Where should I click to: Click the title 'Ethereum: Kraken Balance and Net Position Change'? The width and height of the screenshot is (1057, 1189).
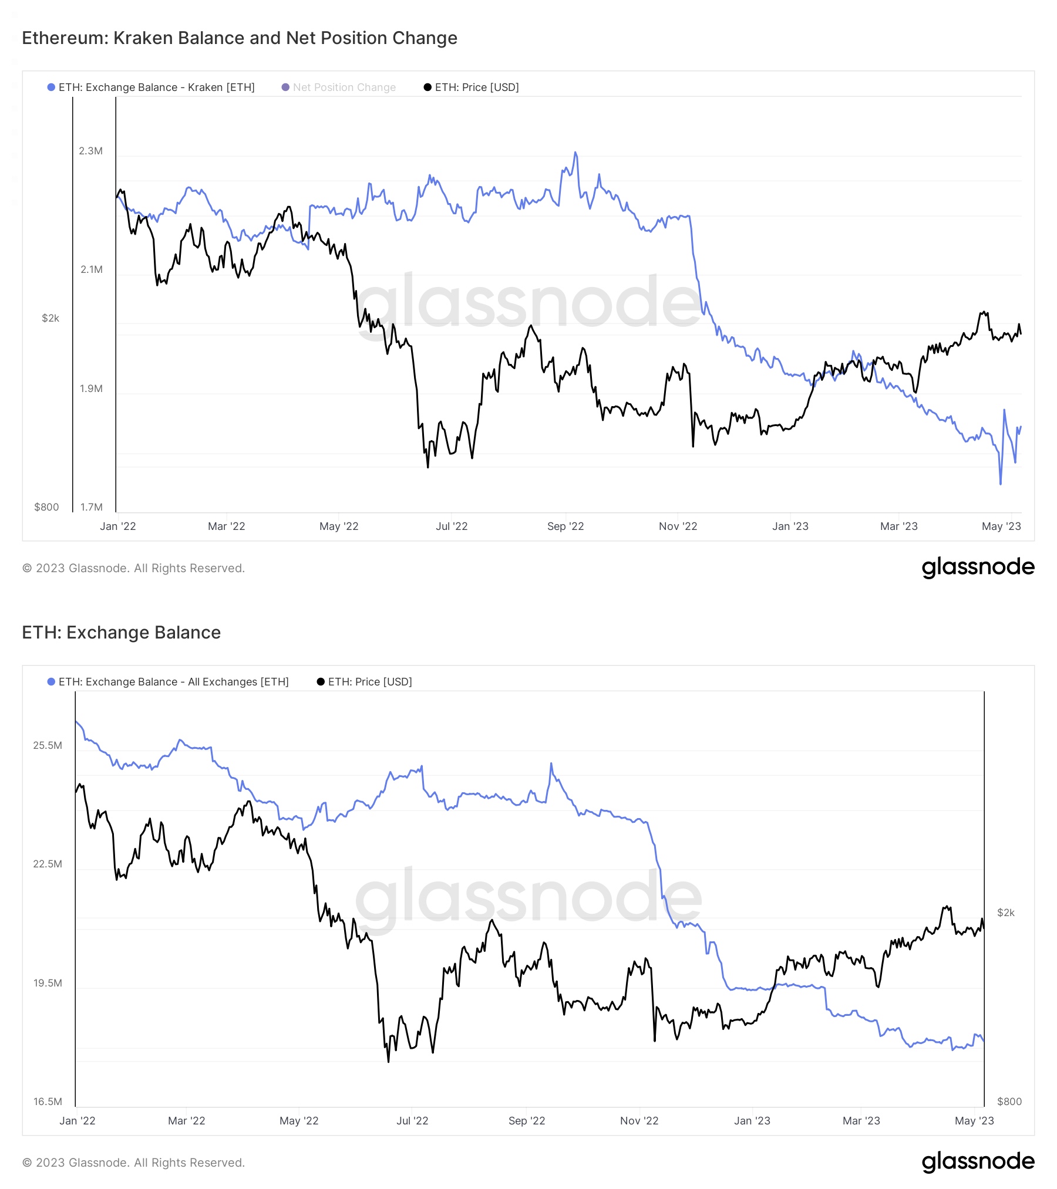click(240, 38)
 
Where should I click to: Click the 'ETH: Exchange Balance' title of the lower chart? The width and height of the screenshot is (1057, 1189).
click(121, 633)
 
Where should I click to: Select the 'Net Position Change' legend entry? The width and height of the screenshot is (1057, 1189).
click(344, 87)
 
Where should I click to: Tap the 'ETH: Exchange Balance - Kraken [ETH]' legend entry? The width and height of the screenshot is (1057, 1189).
click(156, 87)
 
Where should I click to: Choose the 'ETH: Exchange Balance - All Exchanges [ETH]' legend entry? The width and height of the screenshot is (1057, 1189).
click(173, 682)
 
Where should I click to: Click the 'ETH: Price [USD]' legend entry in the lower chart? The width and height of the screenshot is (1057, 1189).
click(369, 682)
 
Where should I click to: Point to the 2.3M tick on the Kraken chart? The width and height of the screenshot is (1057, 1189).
click(90, 151)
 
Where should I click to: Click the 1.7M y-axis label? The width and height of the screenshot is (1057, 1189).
click(91, 507)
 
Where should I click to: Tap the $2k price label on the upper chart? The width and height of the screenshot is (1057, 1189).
click(51, 318)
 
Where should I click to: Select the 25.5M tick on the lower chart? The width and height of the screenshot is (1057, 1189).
click(48, 746)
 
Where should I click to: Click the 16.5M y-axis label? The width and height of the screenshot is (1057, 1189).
click(48, 1102)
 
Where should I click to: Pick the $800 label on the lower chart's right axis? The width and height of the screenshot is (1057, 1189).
click(1009, 1102)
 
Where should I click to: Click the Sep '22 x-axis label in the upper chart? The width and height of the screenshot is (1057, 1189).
click(565, 526)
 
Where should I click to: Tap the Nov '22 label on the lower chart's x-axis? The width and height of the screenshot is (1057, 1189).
click(639, 1121)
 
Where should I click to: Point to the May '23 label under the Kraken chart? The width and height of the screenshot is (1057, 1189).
click(1001, 526)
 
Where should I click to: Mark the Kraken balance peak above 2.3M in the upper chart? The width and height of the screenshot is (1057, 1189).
click(575, 153)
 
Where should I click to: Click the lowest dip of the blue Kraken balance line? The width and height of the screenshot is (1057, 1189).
click(1001, 484)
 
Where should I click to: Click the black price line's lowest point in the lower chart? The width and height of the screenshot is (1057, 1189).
click(388, 1062)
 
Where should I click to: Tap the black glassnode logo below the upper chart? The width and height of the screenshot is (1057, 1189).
click(978, 568)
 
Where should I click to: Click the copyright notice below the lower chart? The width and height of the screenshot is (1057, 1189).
click(133, 1163)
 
